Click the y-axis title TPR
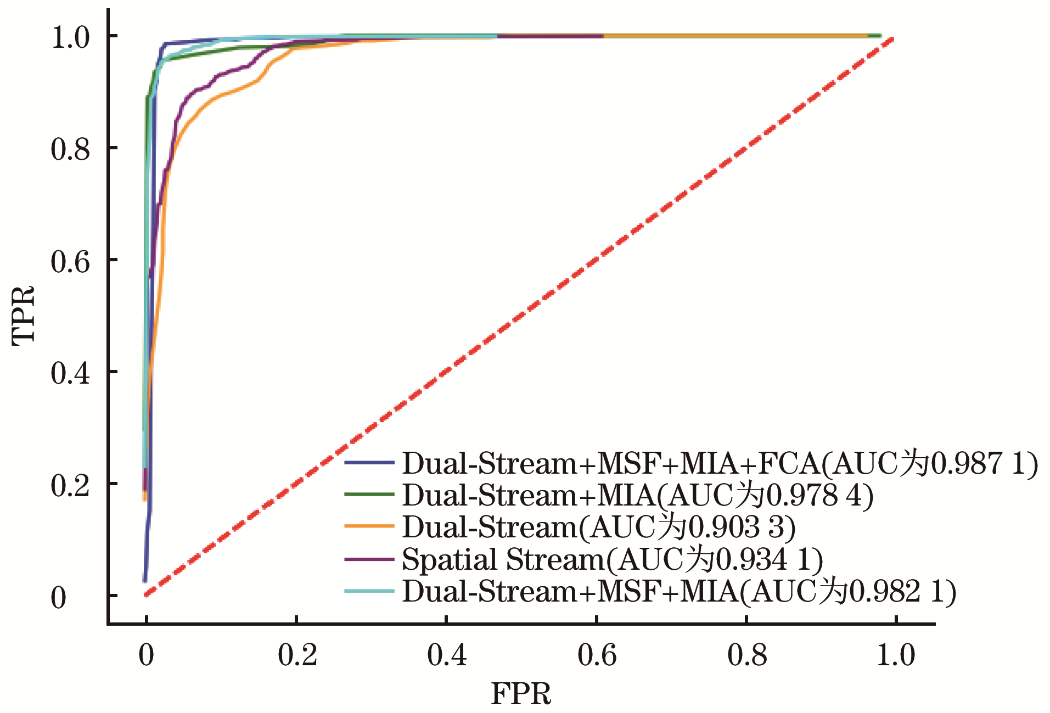24,316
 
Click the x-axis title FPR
521,694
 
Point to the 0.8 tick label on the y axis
70,149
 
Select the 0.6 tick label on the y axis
70,261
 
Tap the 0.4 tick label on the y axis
70,373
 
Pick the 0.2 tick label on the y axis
70,485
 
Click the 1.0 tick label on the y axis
70,37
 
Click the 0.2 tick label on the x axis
297,655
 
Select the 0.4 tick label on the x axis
447,655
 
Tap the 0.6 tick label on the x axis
597,655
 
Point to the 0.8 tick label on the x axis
747,655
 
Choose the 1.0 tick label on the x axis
896,655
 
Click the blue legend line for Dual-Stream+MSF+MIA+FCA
369,463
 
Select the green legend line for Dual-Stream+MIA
369,495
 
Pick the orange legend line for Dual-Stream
369,526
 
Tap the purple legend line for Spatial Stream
369,559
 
